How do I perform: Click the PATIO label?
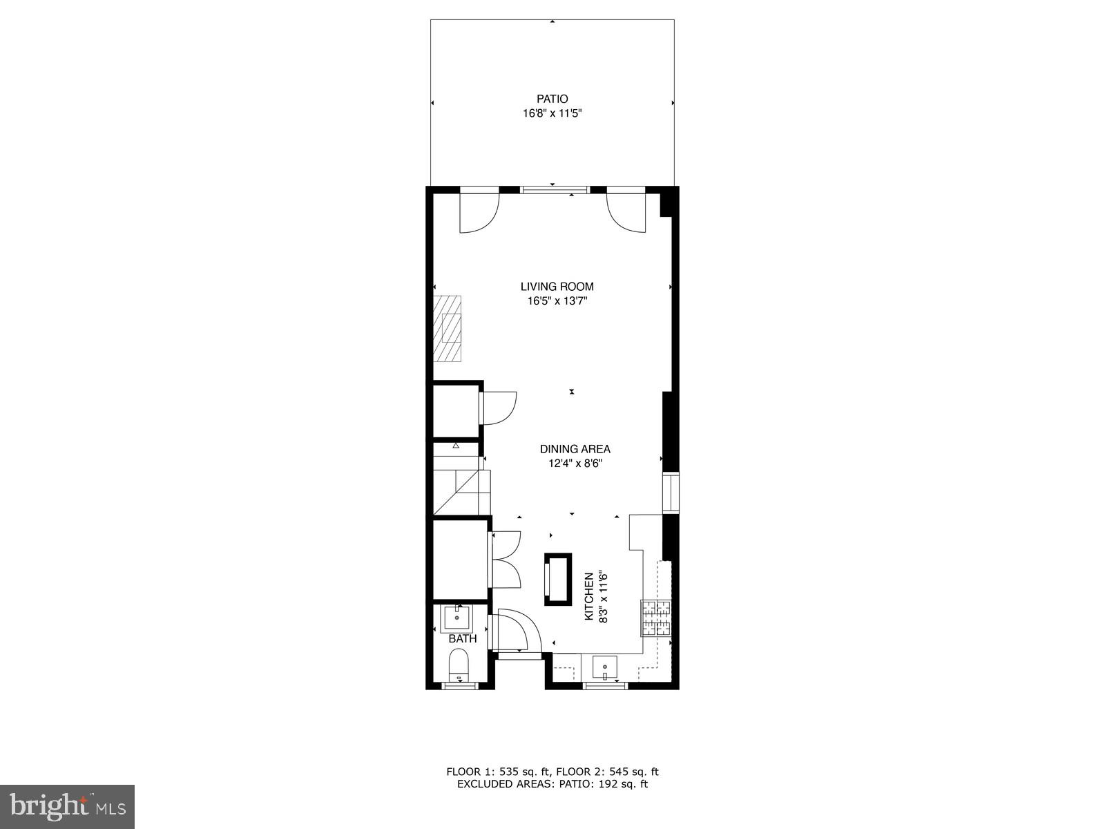(x=552, y=99)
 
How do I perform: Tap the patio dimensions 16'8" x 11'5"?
(x=552, y=114)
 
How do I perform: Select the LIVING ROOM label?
(x=557, y=287)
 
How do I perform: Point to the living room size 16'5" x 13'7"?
(x=557, y=301)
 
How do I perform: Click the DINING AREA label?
(x=575, y=450)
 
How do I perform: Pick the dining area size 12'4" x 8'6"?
(x=575, y=464)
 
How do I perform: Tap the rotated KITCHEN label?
(x=589, y=596)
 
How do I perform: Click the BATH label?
(x=462, y=639)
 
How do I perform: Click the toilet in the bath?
(x=459, y=667)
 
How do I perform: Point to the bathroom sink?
(x=457, y=616)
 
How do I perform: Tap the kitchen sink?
(x=605, y=668)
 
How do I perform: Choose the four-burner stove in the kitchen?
(x=656, y=618)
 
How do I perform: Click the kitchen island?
(x=558, y=579)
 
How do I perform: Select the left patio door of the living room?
(x=479, y=211)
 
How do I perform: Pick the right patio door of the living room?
(x=626, y=211)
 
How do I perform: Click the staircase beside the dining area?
(x=461, y=484)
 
